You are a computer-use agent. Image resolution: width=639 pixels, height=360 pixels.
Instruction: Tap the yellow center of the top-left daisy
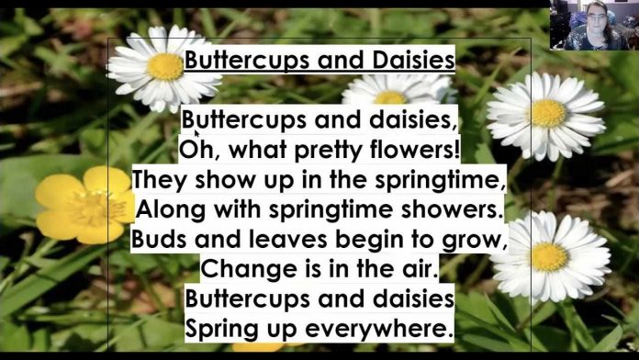pos(165,66)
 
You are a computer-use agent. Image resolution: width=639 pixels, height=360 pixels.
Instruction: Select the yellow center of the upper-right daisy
pos(548,113)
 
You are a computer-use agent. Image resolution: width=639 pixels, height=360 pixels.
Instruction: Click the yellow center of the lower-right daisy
pos(549,256)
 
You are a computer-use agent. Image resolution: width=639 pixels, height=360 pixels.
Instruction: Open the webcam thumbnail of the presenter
pos(594,25)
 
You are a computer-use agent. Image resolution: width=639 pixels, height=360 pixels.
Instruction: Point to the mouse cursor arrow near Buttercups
pos(196,135)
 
